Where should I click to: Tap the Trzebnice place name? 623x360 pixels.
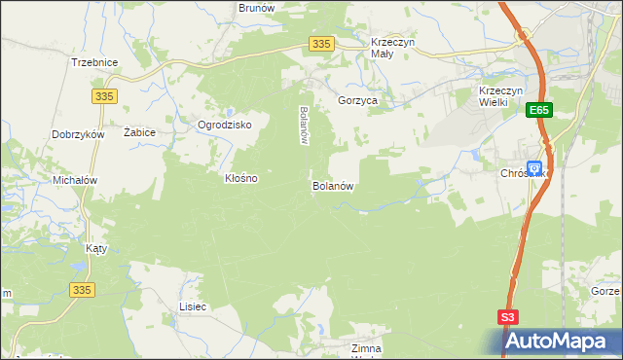[94, 62]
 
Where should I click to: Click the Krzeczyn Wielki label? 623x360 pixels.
[502, 96]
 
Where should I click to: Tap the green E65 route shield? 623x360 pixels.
[540, 112]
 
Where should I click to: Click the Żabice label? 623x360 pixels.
[140, 131]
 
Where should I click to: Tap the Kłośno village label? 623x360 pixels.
[241, 179]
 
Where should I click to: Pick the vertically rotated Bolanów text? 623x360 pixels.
[304, 126]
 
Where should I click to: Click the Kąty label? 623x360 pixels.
[96, 248]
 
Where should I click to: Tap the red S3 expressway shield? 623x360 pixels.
[508, 316]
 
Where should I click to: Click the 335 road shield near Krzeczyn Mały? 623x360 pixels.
[323, 44]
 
